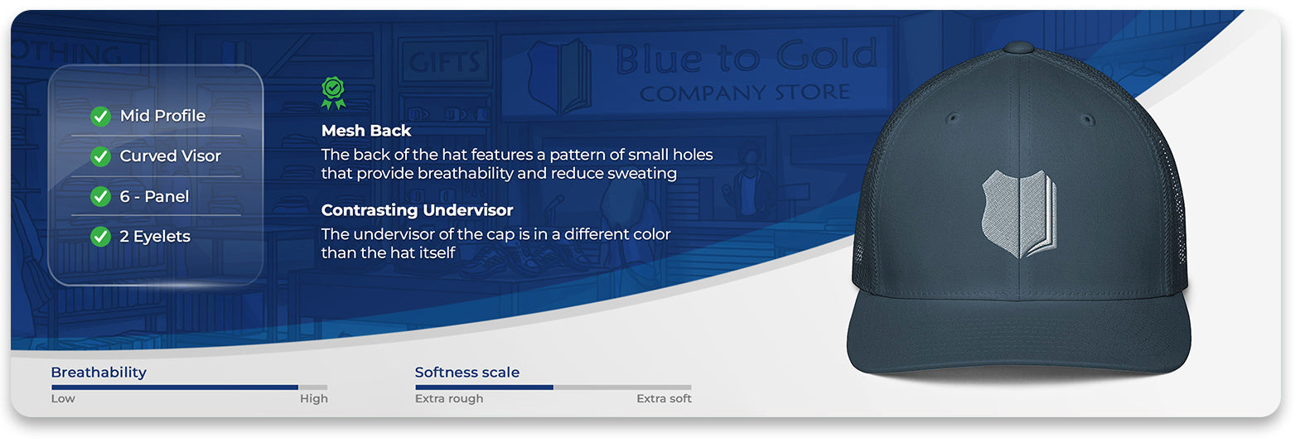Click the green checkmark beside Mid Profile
click(101, 117)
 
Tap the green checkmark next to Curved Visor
click(101, 156)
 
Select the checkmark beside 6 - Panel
click(101, 197)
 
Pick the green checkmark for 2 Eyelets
click(101, 237)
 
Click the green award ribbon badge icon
click(333, 93)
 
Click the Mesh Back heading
click(366, 131)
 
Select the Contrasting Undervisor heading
click(417, 210)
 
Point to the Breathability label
click(99, 372)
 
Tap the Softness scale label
click(466, 372)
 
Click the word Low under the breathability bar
click(63, 399)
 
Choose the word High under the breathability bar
click(313, 399)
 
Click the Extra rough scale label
click(449, 399)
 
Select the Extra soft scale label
click(664, 399)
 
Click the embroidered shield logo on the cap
click(1019, 214)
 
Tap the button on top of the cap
click(1019, 47)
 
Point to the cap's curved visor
click(1018, 338)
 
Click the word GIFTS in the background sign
click(444, 61)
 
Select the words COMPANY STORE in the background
click(745, 93)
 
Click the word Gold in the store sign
click(827, 55)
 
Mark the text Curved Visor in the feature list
click(170, 156)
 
